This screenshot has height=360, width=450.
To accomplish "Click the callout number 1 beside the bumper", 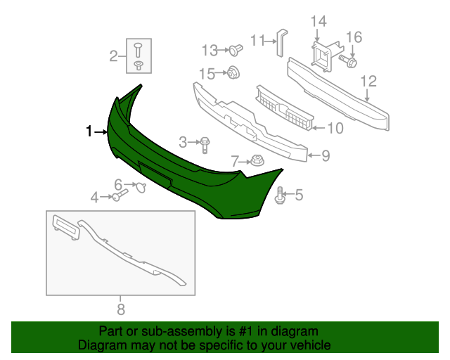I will pyautogui.click(x=89, y=131).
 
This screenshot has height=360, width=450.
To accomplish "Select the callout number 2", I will pyautogui.click(x=114, y=56).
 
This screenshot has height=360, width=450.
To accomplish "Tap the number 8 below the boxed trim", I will pyautogui.click(x=120, y=308).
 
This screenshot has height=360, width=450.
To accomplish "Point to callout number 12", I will pyautogui.click(x=369, y=82).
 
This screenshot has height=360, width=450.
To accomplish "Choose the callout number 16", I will pyautogui.click(x=353, y=37).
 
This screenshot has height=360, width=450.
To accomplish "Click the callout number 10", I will pyautogui.click(x=335, y=128).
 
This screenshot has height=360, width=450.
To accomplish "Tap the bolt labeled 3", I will pyautogui.click(x=204, y=144).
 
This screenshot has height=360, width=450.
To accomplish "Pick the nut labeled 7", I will pyautogui.click(x=256, y=160).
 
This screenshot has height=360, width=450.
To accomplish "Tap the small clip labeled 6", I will pyautogui.click(x=140, y=186).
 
